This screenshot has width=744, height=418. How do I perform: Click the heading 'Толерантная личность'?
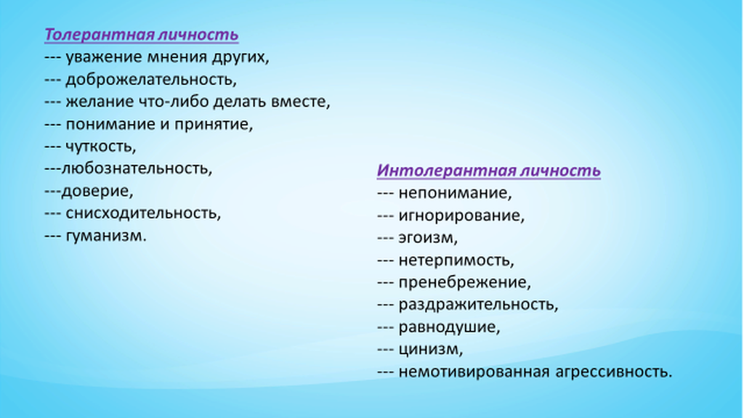(142, 35)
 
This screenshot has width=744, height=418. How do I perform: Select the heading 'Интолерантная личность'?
(489, 171)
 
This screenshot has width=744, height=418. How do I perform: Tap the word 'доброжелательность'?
(151, 80)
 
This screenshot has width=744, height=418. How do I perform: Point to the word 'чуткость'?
(100, 147)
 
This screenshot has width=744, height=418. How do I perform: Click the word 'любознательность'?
(137, 168)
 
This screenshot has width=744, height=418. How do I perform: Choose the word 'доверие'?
(97, 191)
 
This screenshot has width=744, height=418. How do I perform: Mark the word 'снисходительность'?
(143, 213)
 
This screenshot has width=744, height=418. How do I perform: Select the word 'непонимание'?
(455, 193)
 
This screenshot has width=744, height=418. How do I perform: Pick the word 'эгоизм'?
(428, 237)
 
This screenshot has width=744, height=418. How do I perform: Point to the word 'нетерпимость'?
(456, 261)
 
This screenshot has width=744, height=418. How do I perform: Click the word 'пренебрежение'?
(464, 282)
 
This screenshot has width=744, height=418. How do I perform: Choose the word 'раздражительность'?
(478, 305)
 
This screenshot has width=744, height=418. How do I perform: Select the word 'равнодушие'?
(449, 327)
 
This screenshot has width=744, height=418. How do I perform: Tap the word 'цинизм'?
(430, 349)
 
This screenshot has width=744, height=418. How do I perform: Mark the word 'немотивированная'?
(474, 372)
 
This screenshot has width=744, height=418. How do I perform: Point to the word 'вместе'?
(300, 102)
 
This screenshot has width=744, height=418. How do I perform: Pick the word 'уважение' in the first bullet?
(104, 57)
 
